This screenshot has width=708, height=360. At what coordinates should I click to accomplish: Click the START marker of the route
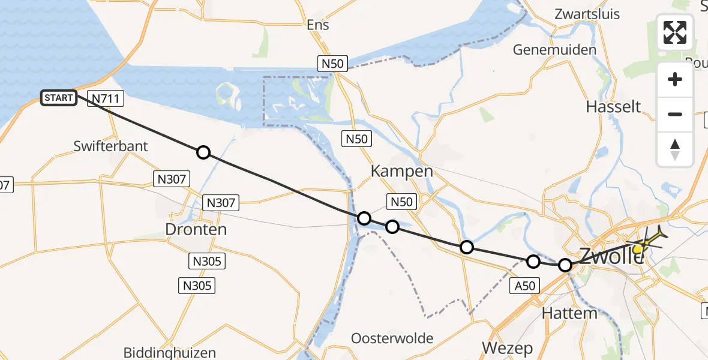pyautogui.click(x=59, y=98)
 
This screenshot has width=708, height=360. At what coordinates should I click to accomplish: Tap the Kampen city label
pyautogui.click(x=401, y=171)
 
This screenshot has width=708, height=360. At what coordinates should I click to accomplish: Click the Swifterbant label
pyautogui.click(x=110, y=146)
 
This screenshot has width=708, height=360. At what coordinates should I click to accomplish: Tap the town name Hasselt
pyautogui.click(x=613, y=107)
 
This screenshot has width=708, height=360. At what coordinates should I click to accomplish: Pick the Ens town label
pyautogui.click(x=318, y=25)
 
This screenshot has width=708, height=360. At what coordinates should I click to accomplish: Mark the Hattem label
pyautogui.click(x=569, y=313)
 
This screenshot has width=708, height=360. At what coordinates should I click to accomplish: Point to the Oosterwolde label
pyautogui.click(x=392, y=338)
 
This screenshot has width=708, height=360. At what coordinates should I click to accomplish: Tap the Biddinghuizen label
pyautogui.click(x=169, y=352)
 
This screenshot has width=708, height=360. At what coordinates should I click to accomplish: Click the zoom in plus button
pyautogui.click(x=675, y=79)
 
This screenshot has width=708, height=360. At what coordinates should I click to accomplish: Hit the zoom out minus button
pyautogui.click(x=675, y=114)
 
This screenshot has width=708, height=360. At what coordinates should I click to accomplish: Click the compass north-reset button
pyautogui.click(x=675, y=149)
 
